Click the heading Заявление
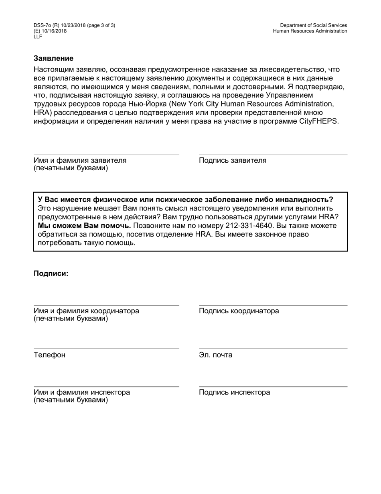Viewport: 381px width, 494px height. click(53, 59)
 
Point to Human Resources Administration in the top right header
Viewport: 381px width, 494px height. click(310, 31)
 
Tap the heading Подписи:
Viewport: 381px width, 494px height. click(51, 274)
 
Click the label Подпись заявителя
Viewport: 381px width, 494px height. click(233, 161)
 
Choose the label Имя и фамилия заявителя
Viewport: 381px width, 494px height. click(80, 161)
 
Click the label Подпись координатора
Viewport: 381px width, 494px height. click(239, 311)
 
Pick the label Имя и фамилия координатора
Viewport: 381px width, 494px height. click(86, 311)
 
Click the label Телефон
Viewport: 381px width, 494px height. click(49, 355)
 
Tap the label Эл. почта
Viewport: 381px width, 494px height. click(215, 355)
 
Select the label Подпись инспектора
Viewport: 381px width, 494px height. click(234, 392)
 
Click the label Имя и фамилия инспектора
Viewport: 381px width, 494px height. click(82, 392)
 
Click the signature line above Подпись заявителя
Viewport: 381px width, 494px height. click(273, 155)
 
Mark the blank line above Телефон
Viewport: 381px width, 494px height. click(106, 349)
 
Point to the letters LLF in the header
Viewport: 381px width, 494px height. click(38, 37)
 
